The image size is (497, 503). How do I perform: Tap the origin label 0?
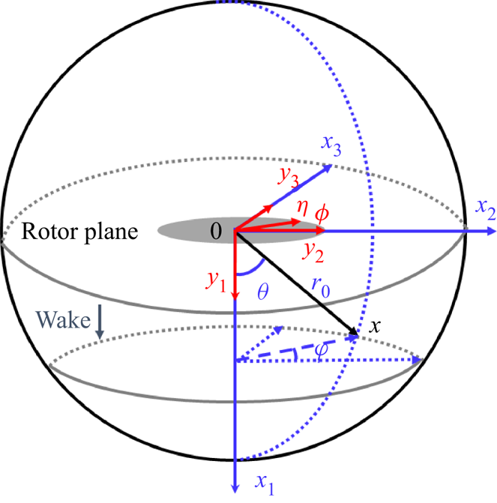click(x=216, y=232)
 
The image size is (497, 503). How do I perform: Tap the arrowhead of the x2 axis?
click(x=490, y=232)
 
